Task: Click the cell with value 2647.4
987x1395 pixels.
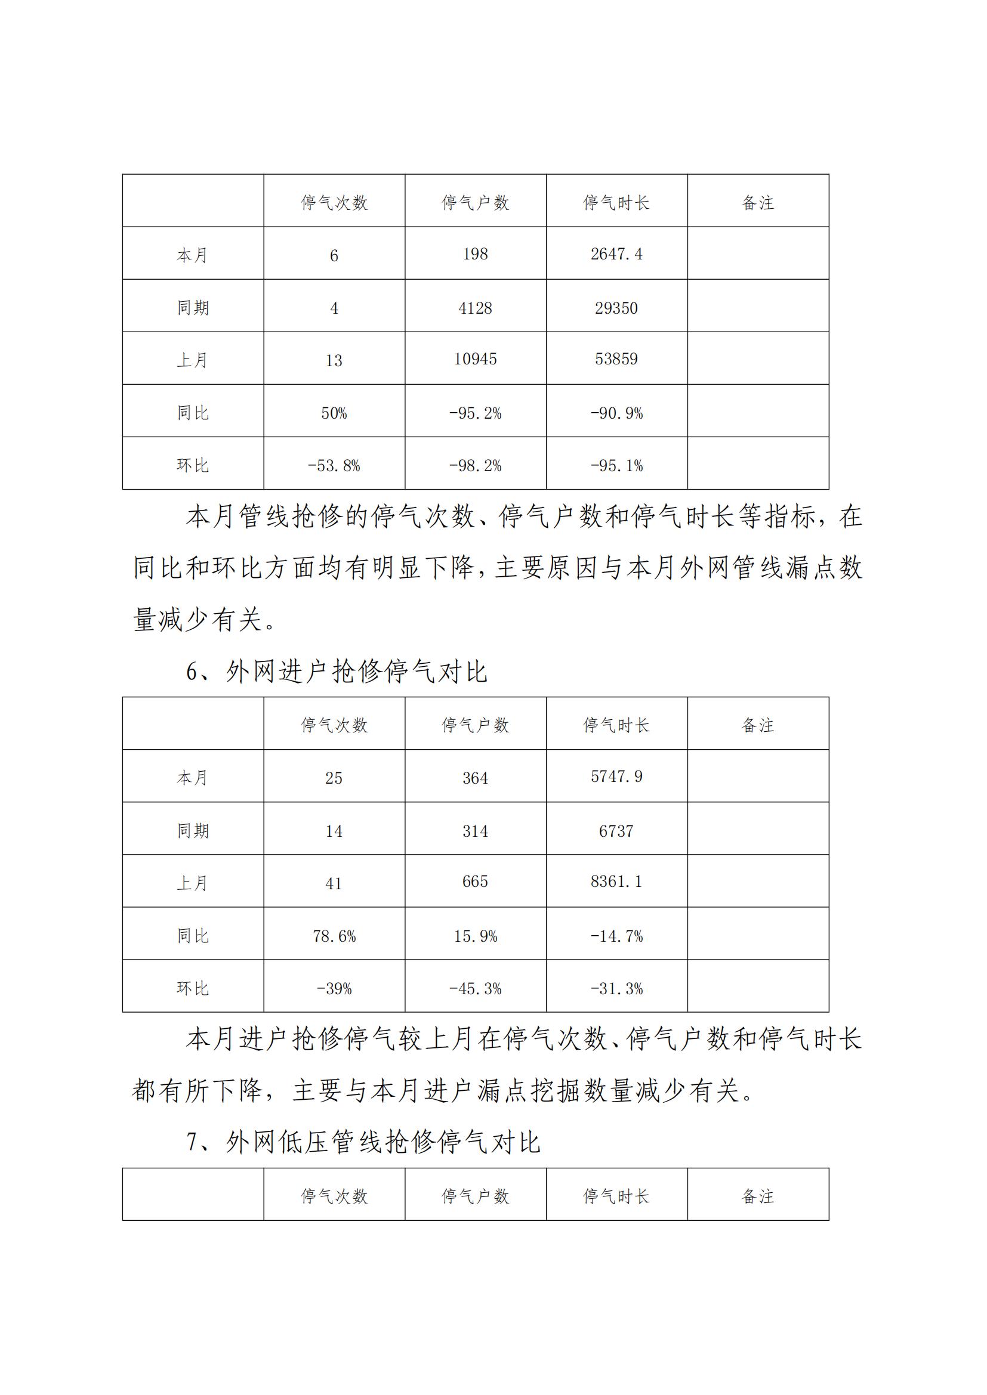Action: [616, 254]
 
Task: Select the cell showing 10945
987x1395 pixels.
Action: [475, 359]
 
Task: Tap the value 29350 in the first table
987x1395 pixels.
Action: [616, 308]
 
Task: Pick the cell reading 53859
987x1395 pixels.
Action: [616, 359]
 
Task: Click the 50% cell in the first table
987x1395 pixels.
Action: [334, 413]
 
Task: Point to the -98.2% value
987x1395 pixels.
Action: [475, 466]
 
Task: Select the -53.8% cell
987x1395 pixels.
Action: [334, 466]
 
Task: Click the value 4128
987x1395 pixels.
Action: [475, 308]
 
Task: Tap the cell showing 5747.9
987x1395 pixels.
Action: [616, 777]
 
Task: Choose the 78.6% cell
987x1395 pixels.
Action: [334, 936]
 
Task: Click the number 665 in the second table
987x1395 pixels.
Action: [475, 881]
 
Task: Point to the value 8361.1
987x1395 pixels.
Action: [616, 881]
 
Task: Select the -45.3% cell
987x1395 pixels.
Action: [475, 988]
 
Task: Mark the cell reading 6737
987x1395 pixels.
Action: [616, 831]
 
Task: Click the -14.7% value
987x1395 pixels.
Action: [616, 936]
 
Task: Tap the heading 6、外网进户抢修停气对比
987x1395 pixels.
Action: [337, 672]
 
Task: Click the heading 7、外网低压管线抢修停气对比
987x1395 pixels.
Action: [363, 1142]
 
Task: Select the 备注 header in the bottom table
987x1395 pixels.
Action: [758, 1196]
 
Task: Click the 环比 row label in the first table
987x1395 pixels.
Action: [193, 466]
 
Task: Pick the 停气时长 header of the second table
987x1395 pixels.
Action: [616, 725]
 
